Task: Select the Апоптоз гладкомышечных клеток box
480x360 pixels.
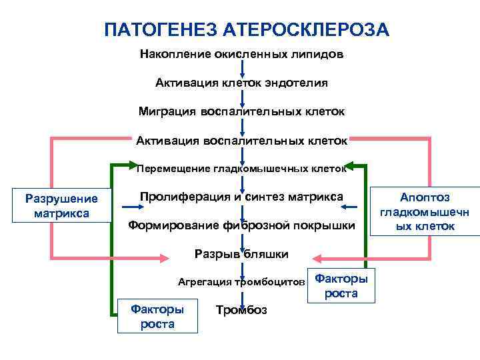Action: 425,212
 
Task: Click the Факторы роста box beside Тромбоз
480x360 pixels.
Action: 157,316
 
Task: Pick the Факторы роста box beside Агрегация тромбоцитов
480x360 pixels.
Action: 341,285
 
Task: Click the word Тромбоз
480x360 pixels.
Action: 241,311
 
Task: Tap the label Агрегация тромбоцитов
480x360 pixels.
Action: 241,282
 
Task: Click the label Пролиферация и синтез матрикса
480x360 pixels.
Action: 241,197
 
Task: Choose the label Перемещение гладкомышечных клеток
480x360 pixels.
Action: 241,169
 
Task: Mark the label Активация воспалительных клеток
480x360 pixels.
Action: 241,141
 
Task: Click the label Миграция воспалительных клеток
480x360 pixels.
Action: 241,111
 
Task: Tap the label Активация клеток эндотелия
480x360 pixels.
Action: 241,83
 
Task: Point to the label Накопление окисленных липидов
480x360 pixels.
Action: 241,54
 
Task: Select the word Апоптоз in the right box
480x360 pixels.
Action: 425,197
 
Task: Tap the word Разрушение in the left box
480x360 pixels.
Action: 61,199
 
